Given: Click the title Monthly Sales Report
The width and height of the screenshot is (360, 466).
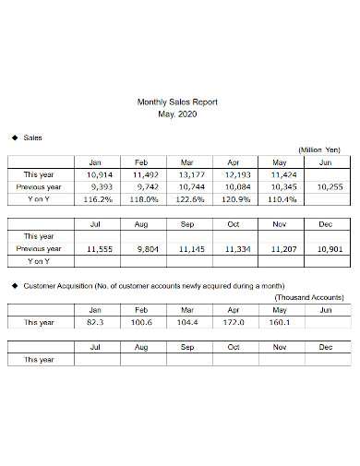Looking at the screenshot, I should [179, 102].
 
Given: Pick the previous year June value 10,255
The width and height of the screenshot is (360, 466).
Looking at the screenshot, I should [328, 185].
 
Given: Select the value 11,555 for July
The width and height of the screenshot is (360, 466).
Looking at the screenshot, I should [99, 248].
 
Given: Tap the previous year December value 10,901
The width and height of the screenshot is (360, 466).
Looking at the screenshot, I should [328, 248].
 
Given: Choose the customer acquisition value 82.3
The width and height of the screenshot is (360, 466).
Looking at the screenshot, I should [99, 323].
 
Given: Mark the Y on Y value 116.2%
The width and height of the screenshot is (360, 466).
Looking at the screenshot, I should [98, 197].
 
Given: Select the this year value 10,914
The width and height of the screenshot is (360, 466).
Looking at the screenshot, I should [99, 173].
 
